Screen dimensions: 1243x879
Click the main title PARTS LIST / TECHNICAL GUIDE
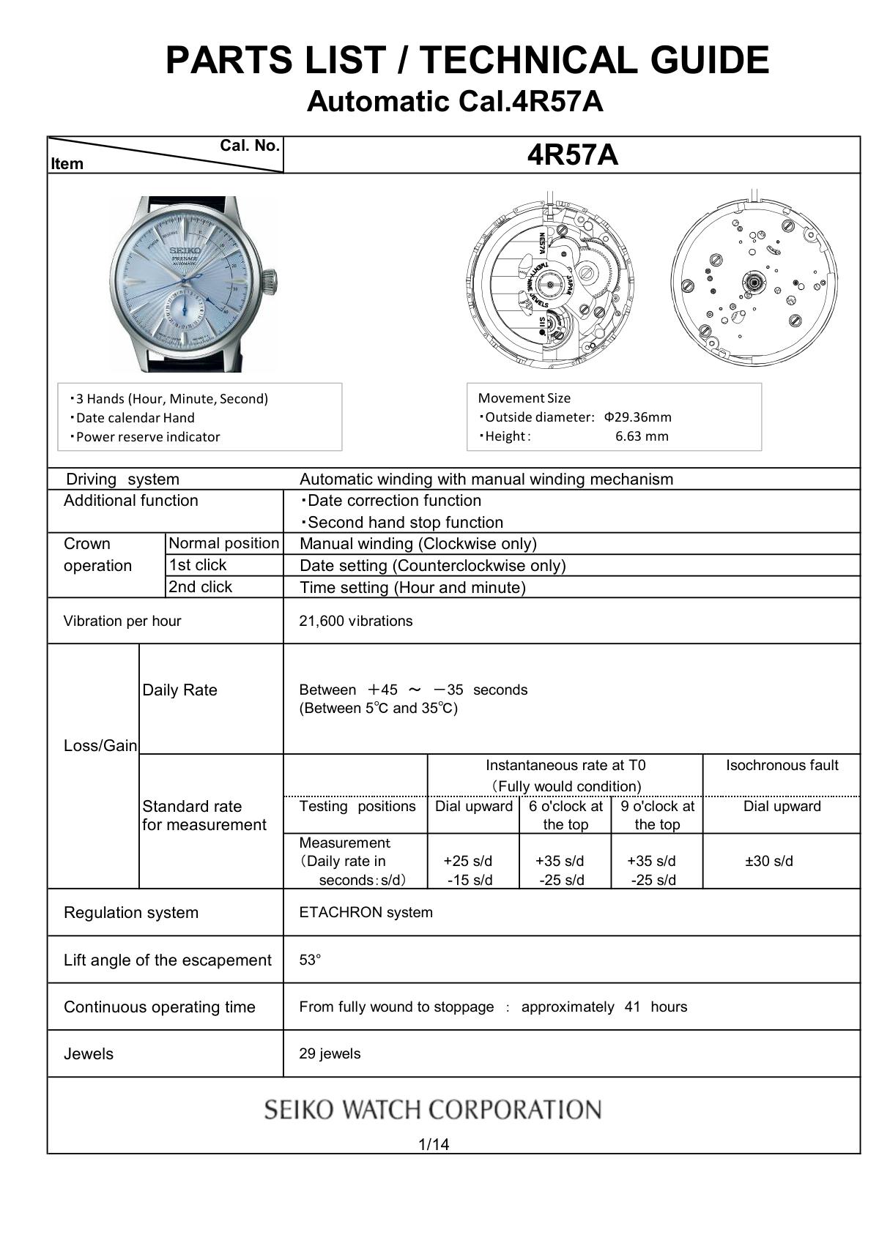467,60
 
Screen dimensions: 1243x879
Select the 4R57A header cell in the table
572,155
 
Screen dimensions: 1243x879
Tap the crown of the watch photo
270,279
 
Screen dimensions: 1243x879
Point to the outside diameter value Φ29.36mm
637,417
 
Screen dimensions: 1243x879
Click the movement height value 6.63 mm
642,436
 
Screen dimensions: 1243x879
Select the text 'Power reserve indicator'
148,437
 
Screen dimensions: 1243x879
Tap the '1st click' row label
198,565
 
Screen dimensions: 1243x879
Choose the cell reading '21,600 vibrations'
356,621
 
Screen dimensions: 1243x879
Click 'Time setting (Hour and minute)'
412,587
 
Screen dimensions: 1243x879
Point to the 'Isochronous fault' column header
782,766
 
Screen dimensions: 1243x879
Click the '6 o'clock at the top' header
565,815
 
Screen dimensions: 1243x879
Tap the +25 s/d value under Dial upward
468,861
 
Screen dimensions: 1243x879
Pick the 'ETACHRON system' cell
366,912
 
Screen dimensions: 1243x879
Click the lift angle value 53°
310,960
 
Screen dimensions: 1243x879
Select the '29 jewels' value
330,1053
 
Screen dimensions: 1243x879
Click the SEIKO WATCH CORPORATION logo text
433,1110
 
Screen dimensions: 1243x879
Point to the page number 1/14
433,1144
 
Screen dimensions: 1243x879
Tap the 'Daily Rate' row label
179,690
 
